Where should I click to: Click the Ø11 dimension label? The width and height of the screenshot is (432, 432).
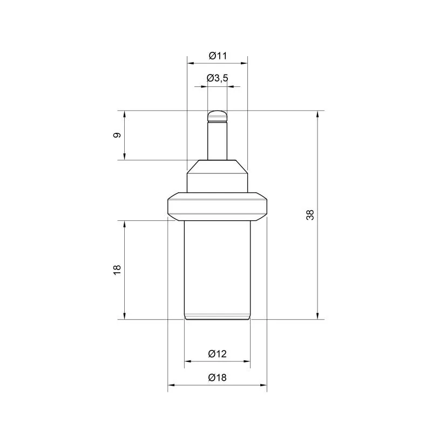218,56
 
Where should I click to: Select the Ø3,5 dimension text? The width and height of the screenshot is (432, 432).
218,78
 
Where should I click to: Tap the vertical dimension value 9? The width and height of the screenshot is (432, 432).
117,135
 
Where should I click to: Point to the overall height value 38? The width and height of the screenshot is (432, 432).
310,215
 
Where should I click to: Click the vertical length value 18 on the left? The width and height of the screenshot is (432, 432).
117,269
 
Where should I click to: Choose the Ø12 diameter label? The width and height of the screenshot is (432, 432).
218,354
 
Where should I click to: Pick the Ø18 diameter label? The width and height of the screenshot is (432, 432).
218,377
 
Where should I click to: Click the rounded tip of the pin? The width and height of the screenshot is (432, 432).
218,116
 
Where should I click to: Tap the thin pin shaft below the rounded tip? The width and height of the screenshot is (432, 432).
218,141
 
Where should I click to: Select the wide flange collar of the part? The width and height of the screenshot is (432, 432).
218,206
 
